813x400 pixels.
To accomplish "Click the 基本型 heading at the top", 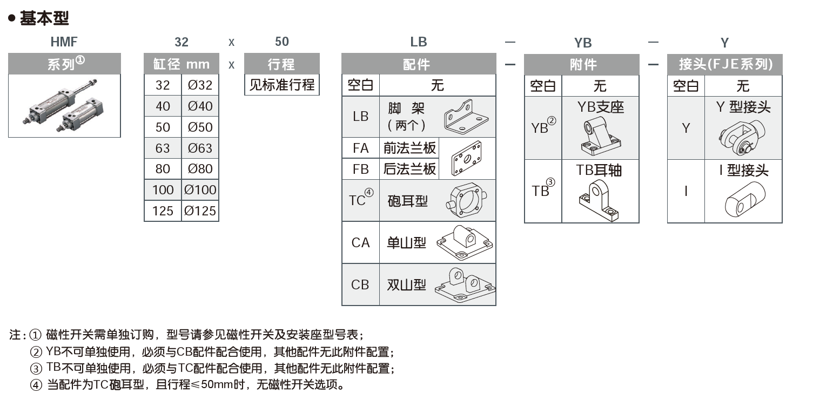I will [44, 18].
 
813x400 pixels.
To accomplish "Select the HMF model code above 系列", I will [64, 42].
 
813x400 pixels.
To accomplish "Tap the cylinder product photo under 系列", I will [64, 106].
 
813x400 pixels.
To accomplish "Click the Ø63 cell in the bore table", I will [200, 148].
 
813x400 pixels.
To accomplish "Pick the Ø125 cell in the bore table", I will [200, 211].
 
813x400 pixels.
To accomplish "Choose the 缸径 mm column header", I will [181, 64].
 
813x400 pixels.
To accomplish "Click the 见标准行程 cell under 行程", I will [281, 85].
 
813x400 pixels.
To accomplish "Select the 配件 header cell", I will [418, 64].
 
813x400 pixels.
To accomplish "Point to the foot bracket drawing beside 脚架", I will [465, 116].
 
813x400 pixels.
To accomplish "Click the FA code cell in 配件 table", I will [360, 147].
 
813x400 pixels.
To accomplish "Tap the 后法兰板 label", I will [409, 169].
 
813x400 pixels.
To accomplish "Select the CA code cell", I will [360, 242].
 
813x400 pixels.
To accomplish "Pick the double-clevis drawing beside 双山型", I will [465, 284].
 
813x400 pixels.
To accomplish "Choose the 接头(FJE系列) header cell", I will [724, 64].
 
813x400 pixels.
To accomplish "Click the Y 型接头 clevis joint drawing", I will [742, 138].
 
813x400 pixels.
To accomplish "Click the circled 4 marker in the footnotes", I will [36, 385].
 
